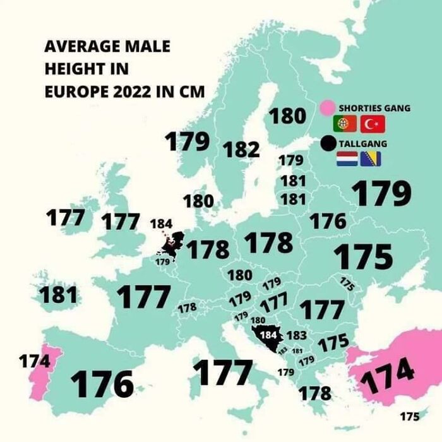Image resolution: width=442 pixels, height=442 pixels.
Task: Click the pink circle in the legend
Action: coord(327,108)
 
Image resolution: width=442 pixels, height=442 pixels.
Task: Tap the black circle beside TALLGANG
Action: coord(328,144)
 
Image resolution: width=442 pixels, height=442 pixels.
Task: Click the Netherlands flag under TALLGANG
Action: coord(347,159)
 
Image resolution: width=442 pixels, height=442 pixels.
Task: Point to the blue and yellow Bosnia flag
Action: coord(372,159)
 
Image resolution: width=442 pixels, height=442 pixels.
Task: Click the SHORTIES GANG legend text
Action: coord(374,108)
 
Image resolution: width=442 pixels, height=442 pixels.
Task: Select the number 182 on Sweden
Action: coord(241,150)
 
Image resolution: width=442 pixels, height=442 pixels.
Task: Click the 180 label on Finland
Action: coord(287,116)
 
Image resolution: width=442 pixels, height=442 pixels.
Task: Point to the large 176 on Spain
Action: coord(102,383)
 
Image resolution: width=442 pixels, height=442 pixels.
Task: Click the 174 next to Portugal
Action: coord(34,362)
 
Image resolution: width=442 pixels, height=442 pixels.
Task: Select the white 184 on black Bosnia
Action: coord(268,335)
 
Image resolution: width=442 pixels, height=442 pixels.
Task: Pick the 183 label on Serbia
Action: coord(297,335)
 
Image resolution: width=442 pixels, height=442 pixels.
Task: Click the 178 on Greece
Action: coord(314,393)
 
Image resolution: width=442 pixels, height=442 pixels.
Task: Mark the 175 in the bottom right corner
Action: coord(409,416)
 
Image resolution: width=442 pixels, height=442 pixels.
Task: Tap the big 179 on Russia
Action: coord(381,194)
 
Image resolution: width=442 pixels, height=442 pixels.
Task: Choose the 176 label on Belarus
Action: coord(328,221)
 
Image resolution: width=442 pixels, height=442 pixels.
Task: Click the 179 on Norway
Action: coord(188,141)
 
